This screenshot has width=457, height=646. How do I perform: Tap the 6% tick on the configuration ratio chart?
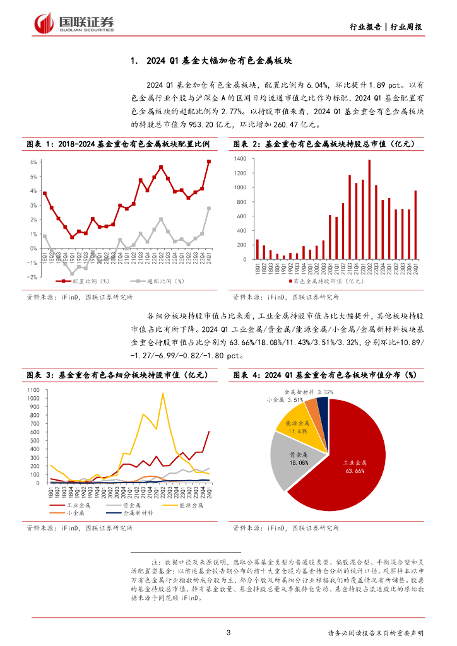tap(33, 162)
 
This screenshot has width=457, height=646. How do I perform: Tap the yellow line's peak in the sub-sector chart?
tap(163, 394)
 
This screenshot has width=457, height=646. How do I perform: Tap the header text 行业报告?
tap(365, 27)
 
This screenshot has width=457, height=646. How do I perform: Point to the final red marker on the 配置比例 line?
tap(209, 161)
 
